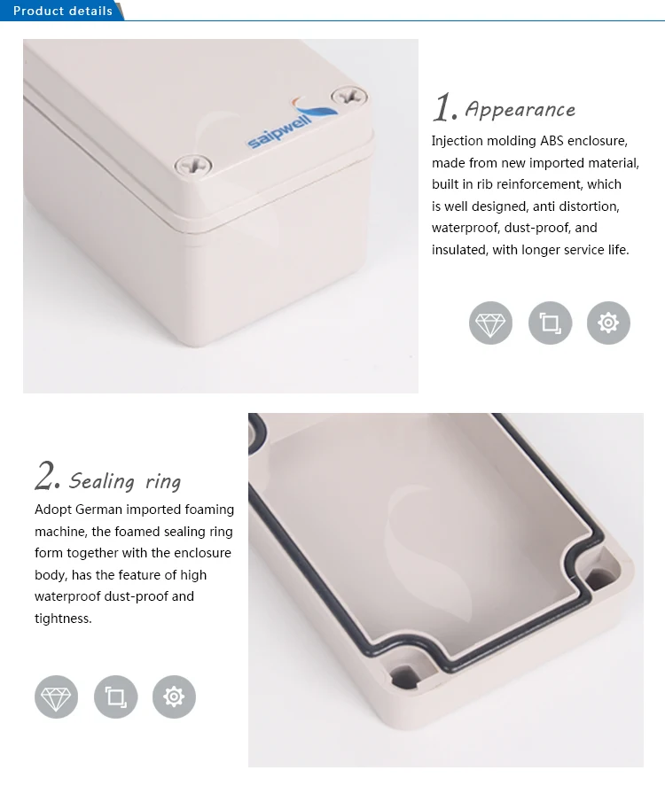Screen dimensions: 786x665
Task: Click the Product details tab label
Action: (62, 11)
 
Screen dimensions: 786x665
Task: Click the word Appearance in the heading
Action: (520, 110)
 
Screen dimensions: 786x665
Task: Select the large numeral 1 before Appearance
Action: (442, 108)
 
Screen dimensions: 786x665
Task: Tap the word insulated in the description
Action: (459, 250)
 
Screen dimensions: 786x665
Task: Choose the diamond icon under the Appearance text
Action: (490, 323)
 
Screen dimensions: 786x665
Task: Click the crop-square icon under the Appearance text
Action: (550, 323)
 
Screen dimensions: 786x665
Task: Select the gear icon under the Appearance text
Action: (608, 323)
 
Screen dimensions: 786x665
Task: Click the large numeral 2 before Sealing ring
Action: (46, 477)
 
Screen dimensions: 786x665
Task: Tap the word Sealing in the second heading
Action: (102, 481)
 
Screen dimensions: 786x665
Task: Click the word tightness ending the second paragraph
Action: (63, 619)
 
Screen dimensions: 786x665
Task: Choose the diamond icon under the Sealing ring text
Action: (56, 697)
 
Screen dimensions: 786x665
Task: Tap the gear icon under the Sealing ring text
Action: (174, 697)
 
